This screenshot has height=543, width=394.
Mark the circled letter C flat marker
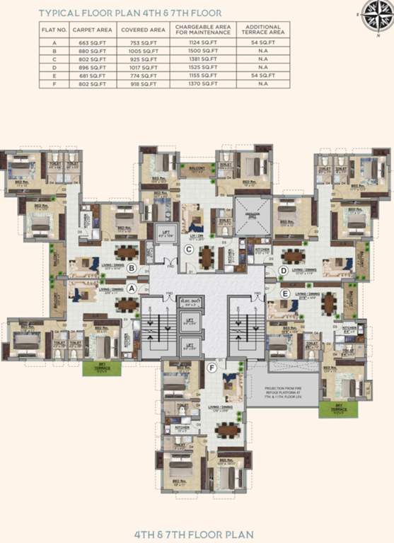coord(189,248)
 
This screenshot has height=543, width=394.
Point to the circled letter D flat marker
coord(283,269)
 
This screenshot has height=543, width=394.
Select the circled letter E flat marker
coord(285,293)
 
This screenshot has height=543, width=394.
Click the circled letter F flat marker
coord(212,367)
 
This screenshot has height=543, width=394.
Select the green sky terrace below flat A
coord(97,367)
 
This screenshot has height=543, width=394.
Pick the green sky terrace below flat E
coord(332,409)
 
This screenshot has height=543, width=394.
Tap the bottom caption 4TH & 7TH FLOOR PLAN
coord(197,533)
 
